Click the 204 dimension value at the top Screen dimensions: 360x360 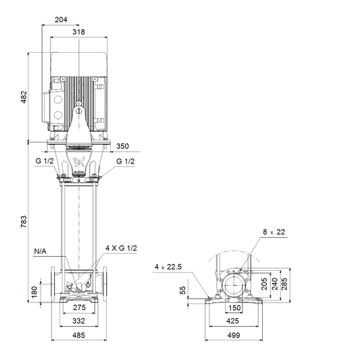[61, 20]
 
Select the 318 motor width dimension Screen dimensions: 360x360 [78, 32]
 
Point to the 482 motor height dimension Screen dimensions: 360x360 [24, 97]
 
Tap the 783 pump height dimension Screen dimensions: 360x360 [24, 222]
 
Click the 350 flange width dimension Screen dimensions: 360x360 [122, 147]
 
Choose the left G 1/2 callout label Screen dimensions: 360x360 [45, 161]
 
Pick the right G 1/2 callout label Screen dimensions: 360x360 [126, 161]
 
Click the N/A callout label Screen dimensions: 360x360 [40, 251]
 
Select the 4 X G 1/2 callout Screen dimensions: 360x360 [121, 248]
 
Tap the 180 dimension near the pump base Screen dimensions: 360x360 [34, 292]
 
